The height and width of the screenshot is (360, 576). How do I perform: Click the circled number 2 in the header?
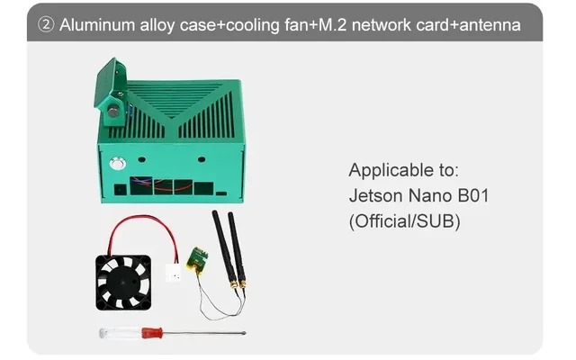[46, 25]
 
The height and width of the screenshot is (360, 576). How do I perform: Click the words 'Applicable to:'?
[403, 170]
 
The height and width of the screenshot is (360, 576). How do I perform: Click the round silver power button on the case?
[115, 165]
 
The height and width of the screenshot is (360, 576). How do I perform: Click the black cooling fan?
[123, 281]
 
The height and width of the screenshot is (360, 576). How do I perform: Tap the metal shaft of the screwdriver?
[207, 333]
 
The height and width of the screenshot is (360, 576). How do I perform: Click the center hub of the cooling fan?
[123, 281]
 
